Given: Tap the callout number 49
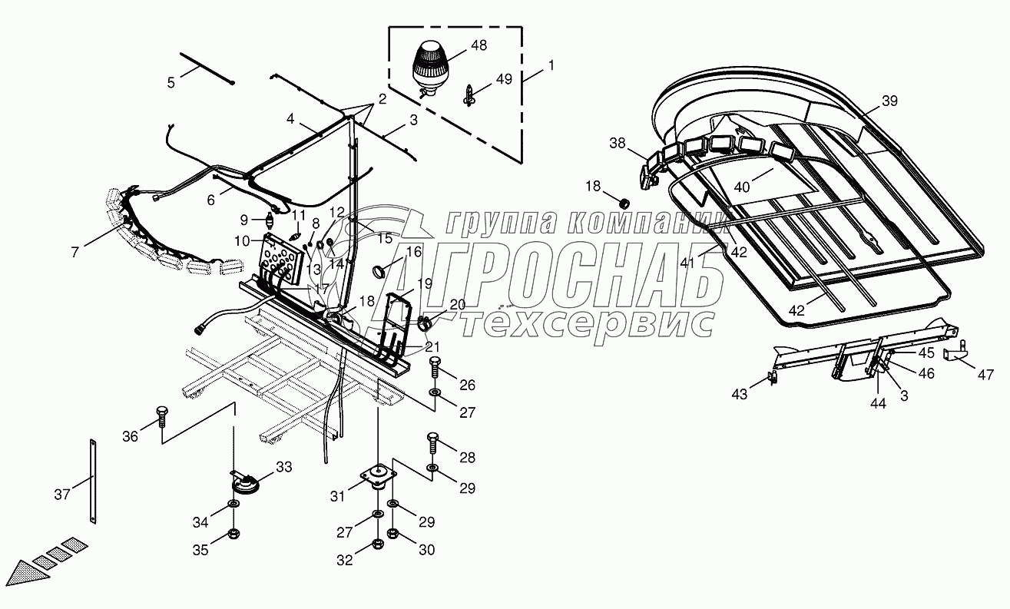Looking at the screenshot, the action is pos(503,79).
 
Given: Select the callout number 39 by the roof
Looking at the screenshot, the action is pos(889,101).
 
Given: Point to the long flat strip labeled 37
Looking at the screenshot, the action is pos(93,483).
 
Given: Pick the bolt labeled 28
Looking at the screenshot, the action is pos(432,444).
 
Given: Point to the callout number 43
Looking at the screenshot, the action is pos(739,394).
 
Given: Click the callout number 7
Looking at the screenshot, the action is pos(75,252).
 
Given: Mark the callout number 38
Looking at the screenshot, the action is pos(618,142).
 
